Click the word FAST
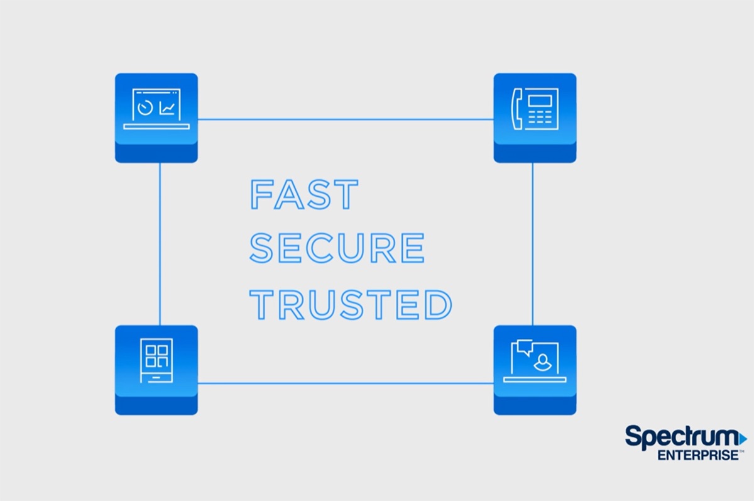(304, 194)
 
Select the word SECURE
(337, 248)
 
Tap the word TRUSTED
(351, 304)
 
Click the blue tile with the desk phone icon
(535, 117)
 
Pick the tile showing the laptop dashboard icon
(156, 117)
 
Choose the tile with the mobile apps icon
(156, 369)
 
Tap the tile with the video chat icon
(535, 369)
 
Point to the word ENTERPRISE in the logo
(698, 455)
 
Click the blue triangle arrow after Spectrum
(743, 437)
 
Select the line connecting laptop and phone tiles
(346, 119)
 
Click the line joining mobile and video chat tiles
(346, 383)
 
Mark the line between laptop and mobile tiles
(160, 244)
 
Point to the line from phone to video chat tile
(533, 244)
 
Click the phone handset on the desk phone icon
(518, 109)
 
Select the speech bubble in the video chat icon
(523, 347)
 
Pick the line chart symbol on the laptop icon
(167, 108)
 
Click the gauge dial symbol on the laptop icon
(146, 108)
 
